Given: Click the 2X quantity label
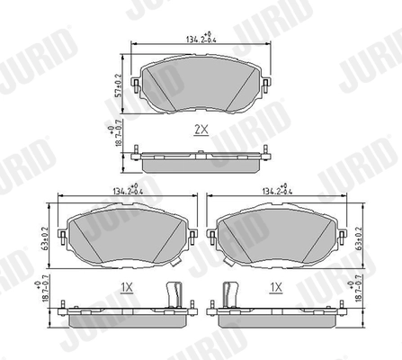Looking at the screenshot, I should (201, 130).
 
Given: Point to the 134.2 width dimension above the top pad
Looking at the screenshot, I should (200, 39).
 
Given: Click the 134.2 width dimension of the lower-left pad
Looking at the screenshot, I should (127, 191).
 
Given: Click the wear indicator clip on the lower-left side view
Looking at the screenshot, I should (175, 292).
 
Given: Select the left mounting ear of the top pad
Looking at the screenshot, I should (136, 85).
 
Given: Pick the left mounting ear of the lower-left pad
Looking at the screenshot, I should (62, 237).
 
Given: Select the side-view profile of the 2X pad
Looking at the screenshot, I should (200, 159).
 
